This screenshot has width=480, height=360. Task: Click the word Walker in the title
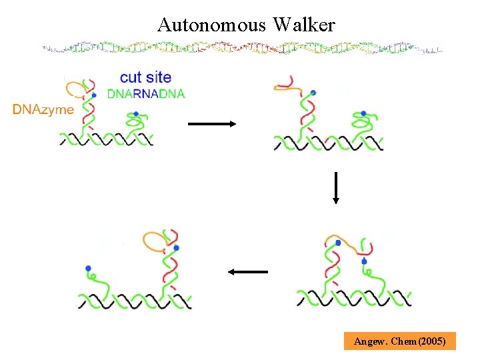pyautogui.click(x=303, y=25)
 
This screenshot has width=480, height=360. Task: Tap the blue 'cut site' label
pyautogui.click(x=145, y=78)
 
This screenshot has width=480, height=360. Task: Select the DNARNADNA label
pyautogui.click(x=146, y=93)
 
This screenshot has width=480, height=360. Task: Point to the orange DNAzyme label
pyautogui.click(x=43, y=109)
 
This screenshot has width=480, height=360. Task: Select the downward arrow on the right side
pyautogui.click(x=336, y=187)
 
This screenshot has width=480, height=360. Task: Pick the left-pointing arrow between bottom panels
pyautogui.click(x=247, y=272)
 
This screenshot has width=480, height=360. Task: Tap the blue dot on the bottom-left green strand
pyautogui.click(x=88, y=269)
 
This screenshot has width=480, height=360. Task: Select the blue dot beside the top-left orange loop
pyautogui.click(x=95, y=95)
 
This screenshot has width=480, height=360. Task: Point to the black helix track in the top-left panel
pyautogui.click(x=107, y=139)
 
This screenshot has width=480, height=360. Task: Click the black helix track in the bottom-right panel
pyautogui.click(x=353, y=296)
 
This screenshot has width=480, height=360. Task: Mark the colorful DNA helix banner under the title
pyautogui.click(x=241, y=49)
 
